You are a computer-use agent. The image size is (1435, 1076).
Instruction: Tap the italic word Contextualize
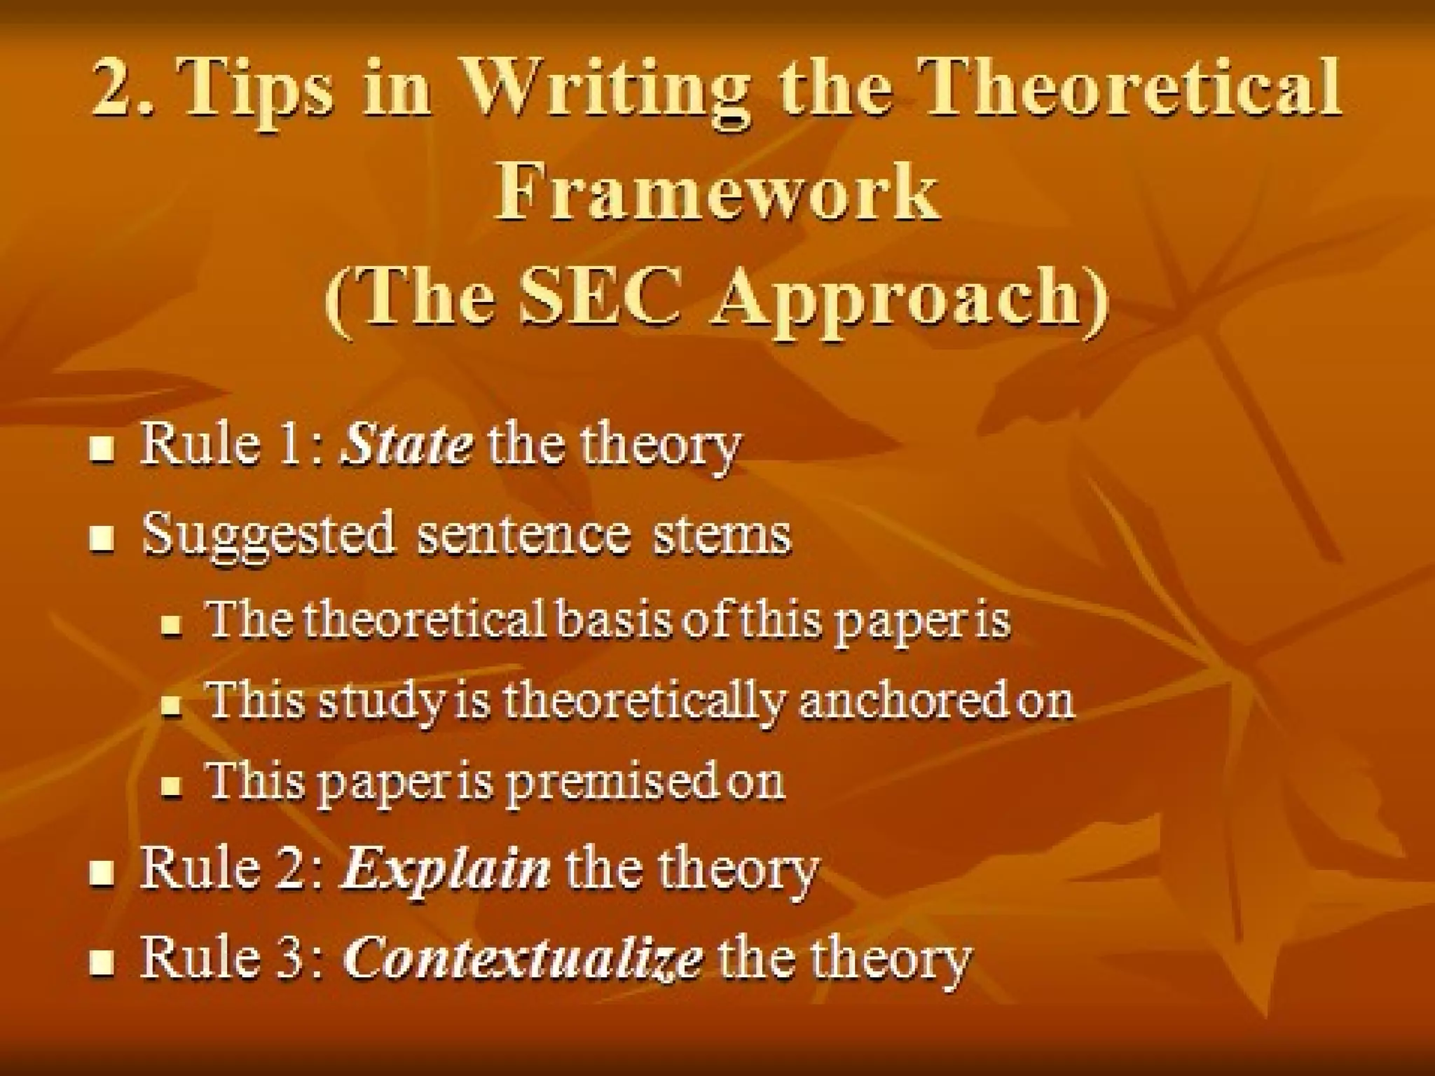tap(523, 958)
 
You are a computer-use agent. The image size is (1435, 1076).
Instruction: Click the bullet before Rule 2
tap(102, 874)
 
